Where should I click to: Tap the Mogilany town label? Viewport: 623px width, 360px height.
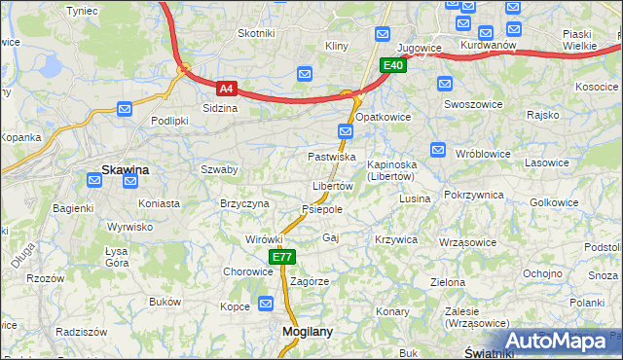pyautogui.click(x=307, y=331)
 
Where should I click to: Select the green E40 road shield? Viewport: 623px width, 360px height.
pyautogui.click(x=392, y=65)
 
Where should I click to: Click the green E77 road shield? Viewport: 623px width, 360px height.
pyautogui.click(x=282, y=257)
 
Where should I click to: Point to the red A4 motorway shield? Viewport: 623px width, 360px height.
pyautogui.click(x=226, y=88)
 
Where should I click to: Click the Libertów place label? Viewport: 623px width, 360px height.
pyautogui.click(x=332, y=186)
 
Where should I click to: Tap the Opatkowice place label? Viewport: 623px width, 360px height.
pyautogui.click(x=383, y=116)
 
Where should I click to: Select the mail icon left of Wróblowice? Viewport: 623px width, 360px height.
pyautogui.click(x=437, y=150)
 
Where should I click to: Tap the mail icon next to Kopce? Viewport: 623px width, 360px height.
pyautogui.click(x=267, y=306)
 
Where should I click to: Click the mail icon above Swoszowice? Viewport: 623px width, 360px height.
pyautogui.click(x=446, y=83)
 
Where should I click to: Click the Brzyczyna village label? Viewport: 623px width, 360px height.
pyautogui.click(x=244, y=203)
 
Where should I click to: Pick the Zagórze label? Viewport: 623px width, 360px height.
pyautogui.click(x=310, y=280)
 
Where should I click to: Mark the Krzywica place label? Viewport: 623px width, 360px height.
pyautogui.click(x=395, y=238)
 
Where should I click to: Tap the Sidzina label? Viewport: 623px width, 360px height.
pyautogui.click(x=220, y=108)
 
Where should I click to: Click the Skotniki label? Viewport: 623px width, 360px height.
pyautogui.click(x=256, y=33)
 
